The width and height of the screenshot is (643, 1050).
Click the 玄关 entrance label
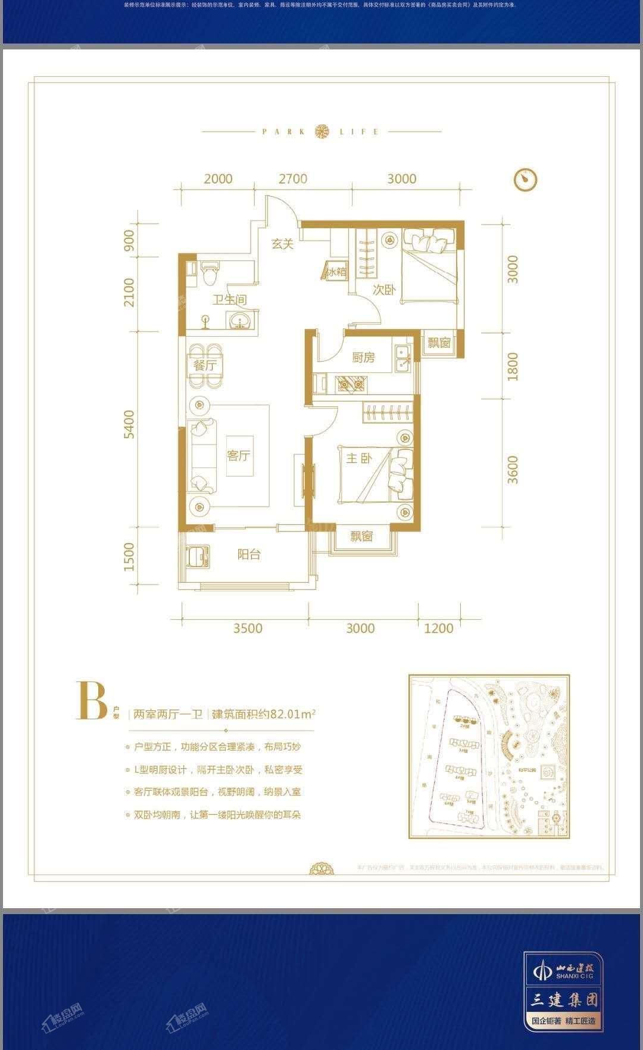tap(283, 244)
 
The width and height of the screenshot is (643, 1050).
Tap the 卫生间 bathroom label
tap(229, 300)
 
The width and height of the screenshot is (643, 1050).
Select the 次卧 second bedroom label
tap(385, 290)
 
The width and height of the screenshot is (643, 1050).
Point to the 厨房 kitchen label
tap(363, 358)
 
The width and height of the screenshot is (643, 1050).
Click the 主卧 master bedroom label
tap(359, 458)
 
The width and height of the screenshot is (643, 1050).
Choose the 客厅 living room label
tap(238, 456)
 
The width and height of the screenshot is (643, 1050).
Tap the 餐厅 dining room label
tap(205, 365)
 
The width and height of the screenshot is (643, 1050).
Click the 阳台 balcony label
tap(249, 554)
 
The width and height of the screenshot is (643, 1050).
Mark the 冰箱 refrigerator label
tap(335, 272)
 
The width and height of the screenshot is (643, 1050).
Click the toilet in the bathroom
tap(209, 274)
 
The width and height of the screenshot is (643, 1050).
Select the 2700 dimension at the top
tap(293, 179)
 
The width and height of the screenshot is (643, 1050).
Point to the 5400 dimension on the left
tap(129, 424)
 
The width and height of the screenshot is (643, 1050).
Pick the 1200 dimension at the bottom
tap(439, 628)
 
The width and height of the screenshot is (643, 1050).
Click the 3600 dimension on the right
tap(513, 470)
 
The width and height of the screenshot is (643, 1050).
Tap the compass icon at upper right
tap(525, 179)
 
